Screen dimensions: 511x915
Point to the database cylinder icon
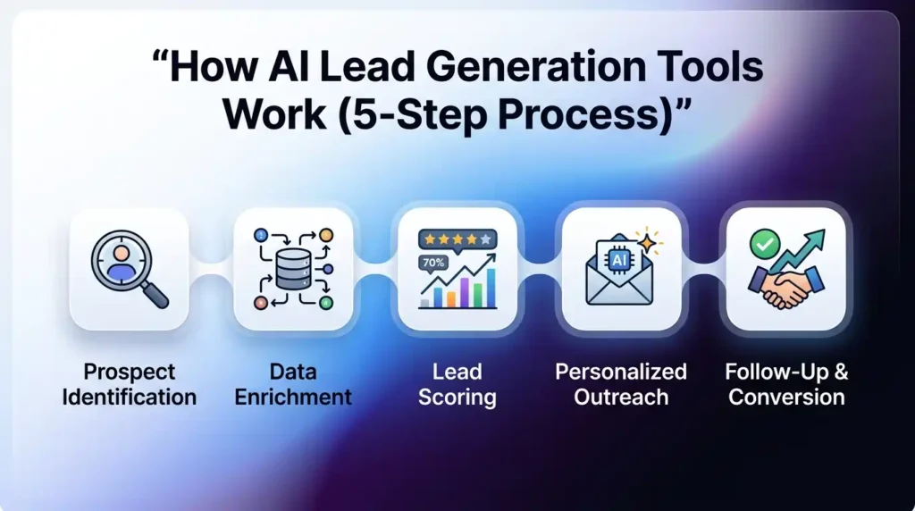coord(293,267)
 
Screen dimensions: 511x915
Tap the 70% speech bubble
coord(434,263)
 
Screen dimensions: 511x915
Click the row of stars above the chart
coord(457,239)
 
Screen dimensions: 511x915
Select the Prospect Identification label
coord(130,384)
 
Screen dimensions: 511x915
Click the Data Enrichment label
coord(293,384)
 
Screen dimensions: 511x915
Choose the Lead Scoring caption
coord(457,384)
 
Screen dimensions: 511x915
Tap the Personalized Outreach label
coord(621,384)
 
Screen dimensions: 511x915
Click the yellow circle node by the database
coord(326,235)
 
